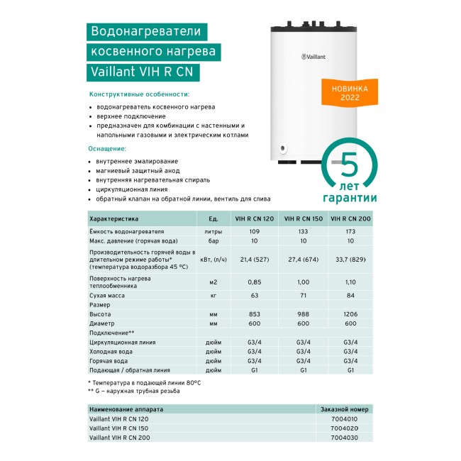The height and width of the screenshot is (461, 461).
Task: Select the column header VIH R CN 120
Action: pos(255,220)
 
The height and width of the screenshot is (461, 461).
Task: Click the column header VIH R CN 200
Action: pos(350,220)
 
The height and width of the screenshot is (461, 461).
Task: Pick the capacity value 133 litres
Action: pos(303,232)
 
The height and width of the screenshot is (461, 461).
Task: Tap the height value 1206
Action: pos(350,313)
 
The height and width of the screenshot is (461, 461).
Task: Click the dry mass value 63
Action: pos(255,293)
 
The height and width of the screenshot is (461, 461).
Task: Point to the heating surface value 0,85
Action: pos(255,282)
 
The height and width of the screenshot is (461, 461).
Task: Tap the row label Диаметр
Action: pos(101,323)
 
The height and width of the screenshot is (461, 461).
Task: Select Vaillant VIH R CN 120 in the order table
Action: pos(119,419)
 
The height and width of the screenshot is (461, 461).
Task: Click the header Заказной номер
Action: pos(345,409)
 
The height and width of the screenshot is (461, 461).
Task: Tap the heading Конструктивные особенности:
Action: pos(138,94)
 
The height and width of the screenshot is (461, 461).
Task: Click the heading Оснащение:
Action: pos(107,149)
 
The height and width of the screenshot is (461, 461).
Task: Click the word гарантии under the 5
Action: pos(349,198)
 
